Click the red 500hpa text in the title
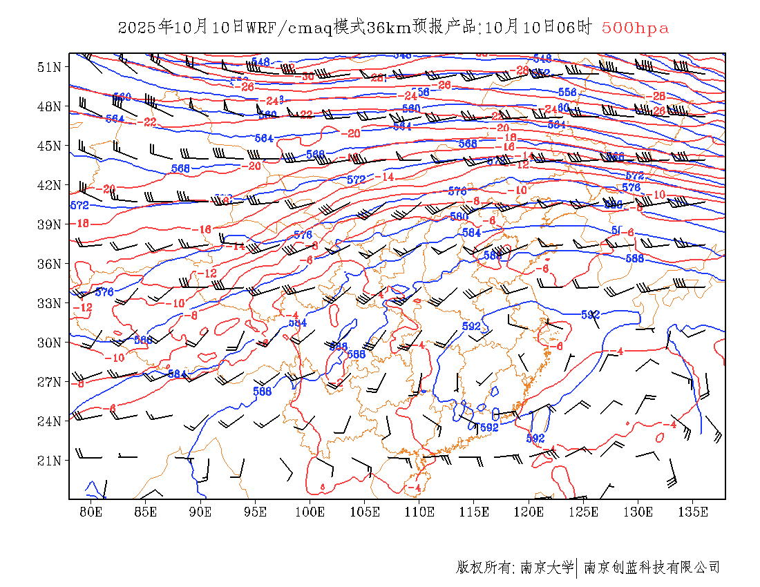(635, 28)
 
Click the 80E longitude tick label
(91, 512)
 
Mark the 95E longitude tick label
(256, 512)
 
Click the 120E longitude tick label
(529, 512)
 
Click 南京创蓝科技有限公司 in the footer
(652, 568)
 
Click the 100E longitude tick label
(310, 512)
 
